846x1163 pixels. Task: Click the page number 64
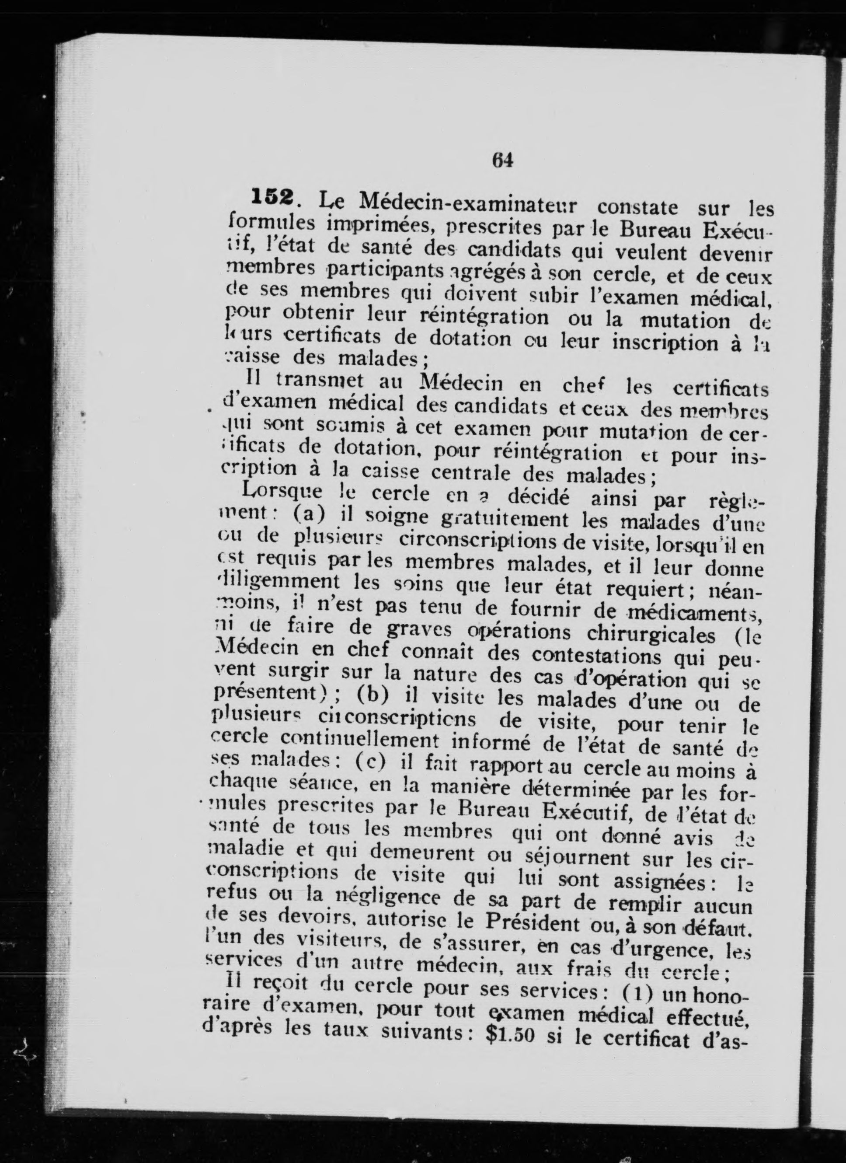502,161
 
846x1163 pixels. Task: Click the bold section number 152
272,197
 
